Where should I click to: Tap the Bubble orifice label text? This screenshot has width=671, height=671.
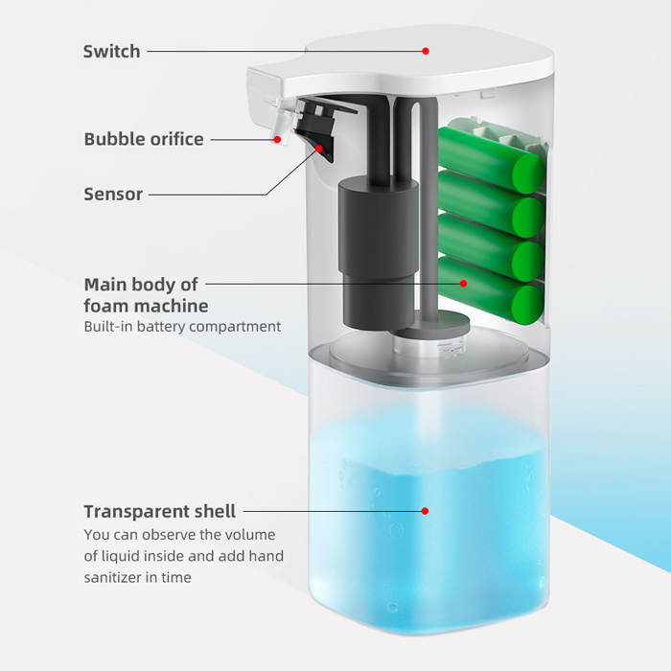click(x=144, y=139)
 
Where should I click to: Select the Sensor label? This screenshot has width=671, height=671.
click(x=113, y=194)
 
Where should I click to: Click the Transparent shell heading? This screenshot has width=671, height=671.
click(x=159, y=511)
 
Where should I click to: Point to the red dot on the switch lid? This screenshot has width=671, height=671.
click(x=427, y=51)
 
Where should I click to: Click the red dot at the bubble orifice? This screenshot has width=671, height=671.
click(x=278, y=140)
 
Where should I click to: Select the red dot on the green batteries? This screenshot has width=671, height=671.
click(x=464, y=284)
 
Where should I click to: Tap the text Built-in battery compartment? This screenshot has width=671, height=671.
click(x=183, y=327)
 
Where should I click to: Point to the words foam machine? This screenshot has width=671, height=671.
click(x=146, y=306)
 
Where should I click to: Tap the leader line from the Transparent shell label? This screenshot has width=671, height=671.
click(x=326, y=512)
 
